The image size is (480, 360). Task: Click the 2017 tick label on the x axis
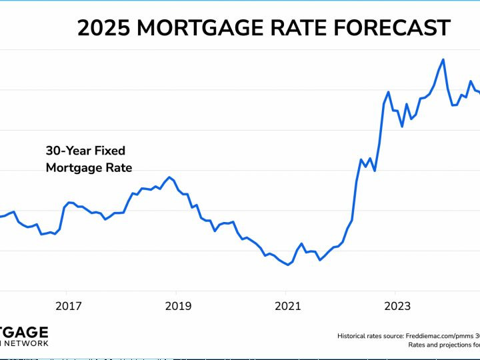pos(69,306)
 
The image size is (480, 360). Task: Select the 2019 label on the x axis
pos(178,306)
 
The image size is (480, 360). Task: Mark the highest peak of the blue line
pos(443,59)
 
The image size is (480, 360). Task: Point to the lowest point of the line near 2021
pos(288,265)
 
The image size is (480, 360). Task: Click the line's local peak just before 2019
pos(170,177)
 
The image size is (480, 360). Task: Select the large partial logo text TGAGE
pos(24,332)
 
